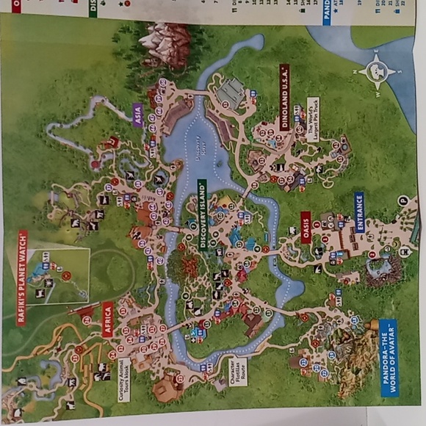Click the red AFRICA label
pyautogui.click(x=108, y=319)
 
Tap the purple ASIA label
pyautogui.click(x=137, y=113)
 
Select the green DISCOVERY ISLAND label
pyautogui.click(x=203, y=215)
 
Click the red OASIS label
pyautogui.click(x=306, y=228)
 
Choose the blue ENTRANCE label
pyautogui.click(x=359, y=212)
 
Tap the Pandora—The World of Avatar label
pyautogui.click(x=388, y=358)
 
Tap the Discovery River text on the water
pyautogui.click(x=198, y=151)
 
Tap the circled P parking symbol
pyautogui.click(x=402, y=200)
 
